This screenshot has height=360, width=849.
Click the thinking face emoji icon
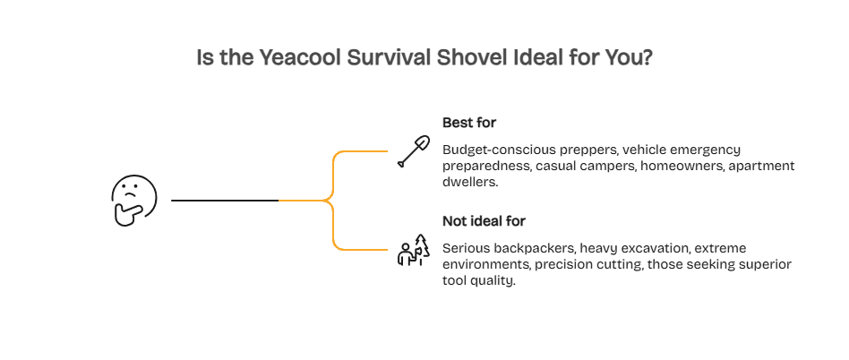tap(133, 200)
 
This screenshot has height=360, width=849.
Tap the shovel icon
tap(412, 151)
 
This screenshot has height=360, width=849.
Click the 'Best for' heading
tap(469, 121)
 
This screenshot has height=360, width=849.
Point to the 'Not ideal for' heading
tap(485, 220)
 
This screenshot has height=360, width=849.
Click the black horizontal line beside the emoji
tap(225, 201)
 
